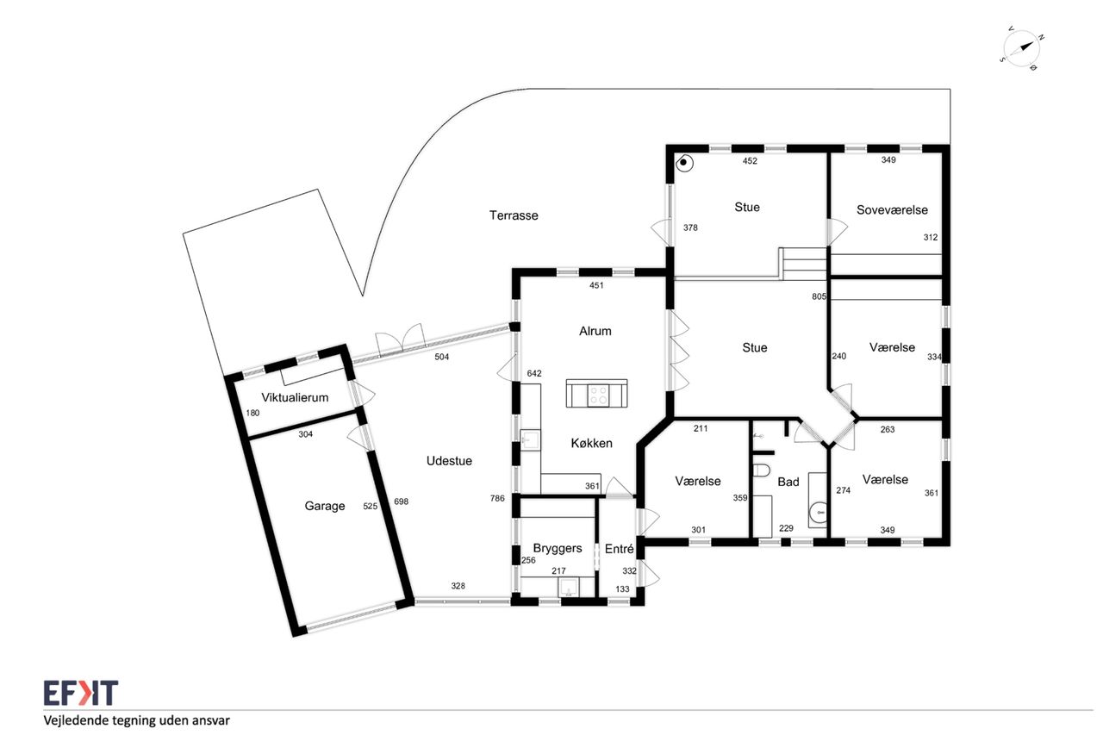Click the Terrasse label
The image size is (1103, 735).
(514, 215)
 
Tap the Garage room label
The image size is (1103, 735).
(325, 506)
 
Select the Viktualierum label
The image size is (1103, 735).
(295, 397)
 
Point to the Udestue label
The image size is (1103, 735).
(449, 461)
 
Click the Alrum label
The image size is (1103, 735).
(595, 331)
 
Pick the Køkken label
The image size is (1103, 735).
(592, 443)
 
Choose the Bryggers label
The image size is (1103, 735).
(558, 548)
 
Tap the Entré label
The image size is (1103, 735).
(619, 548)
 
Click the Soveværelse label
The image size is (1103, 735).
(892, 209)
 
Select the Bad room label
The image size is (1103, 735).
(788, 482)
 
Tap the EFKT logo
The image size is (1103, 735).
(81, 693)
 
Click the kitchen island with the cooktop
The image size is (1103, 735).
(597, 393)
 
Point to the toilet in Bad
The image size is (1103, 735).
(761, 470)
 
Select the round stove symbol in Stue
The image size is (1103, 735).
(684, 163)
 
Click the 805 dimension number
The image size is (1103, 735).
(819, 296)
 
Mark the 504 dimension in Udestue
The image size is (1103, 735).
(442, 357)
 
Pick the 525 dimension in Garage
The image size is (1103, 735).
(371, 506)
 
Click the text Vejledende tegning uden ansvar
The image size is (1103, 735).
(136, 720)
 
